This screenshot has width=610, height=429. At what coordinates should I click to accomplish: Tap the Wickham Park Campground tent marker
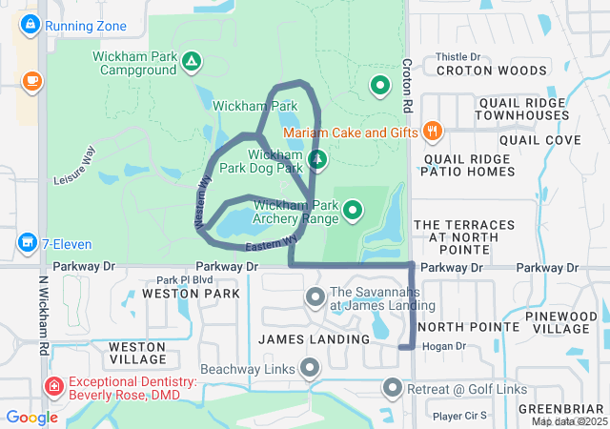click(x=192, y=64)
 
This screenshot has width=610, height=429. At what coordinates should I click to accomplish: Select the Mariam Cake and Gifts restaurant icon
click(x=433, y=132)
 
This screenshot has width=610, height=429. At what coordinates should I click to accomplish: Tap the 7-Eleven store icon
click(x=28, y=244)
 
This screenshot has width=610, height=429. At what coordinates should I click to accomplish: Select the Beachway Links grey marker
click(x=310, y=367)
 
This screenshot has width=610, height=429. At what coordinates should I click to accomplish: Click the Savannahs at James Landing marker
click(x=315, y=298)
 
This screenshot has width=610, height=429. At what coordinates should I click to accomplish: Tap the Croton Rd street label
click(x=407, y=81)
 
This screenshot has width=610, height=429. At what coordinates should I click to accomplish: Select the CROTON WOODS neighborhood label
click(x=491, y=70)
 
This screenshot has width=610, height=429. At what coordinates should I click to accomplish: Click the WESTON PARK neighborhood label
click(x=191, y=294)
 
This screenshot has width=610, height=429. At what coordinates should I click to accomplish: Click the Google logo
click(x=31, y=417)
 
